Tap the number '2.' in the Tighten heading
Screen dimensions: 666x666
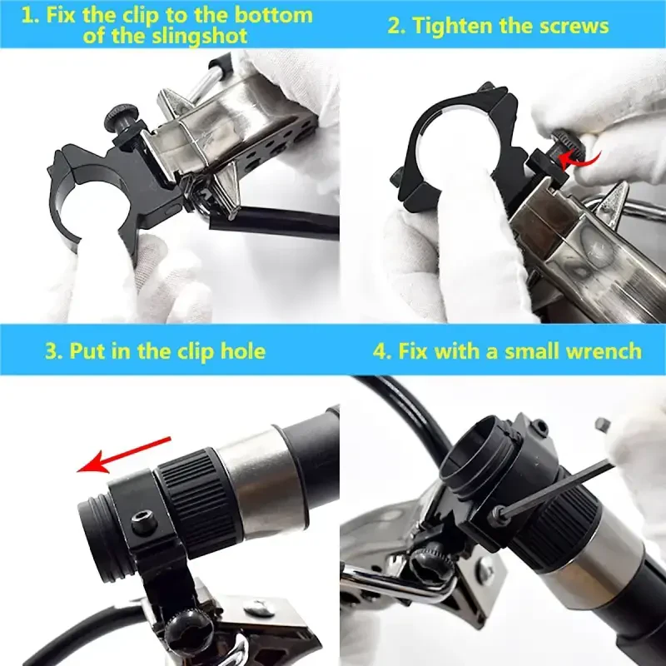(396, 26)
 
